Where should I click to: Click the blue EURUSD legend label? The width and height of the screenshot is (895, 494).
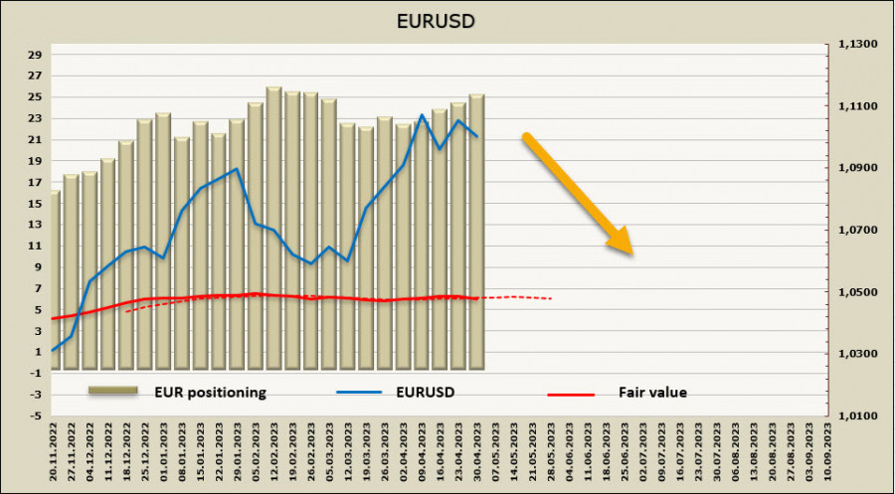[x=424, y=392]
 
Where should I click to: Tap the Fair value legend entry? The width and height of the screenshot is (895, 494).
[x=652, y=392]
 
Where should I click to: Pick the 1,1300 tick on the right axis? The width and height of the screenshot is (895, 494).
[x=860, y=45]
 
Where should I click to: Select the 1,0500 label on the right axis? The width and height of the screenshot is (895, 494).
[x=860, y=292]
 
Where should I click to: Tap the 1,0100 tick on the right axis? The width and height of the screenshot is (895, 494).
[x=860, y=415]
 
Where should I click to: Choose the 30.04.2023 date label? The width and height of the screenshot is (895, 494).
[x=477, y=452]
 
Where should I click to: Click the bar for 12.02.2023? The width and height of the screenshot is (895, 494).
[x=274, y=229]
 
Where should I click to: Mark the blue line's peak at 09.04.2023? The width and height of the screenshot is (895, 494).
[x=422, y=114]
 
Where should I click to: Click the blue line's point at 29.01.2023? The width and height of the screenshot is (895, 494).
[x=237, y=168]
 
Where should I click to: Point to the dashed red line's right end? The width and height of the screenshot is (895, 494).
[x=552, y=299]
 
